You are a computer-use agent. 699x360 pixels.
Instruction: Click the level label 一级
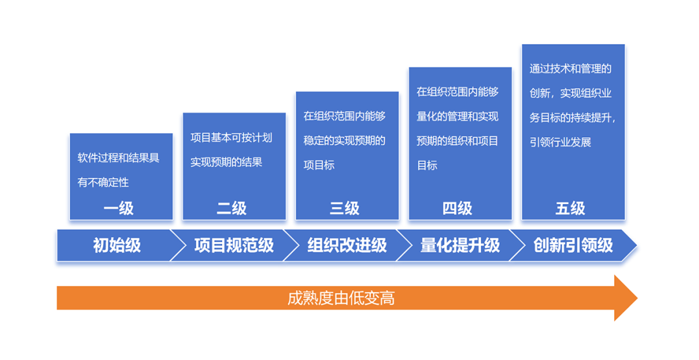(x=118, y=208)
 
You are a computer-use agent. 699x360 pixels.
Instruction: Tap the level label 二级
(x=232, y=208)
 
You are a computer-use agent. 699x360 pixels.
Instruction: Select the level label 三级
(x=344, y=208)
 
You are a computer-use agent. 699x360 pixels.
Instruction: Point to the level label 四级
(x=458, y=208)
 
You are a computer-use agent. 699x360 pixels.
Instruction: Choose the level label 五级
(x=570, y=208)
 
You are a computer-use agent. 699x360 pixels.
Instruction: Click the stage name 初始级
(x=116, y=245)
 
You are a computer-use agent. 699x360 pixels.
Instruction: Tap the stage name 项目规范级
(x=234, y=245)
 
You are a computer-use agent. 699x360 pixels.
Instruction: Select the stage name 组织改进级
(x=348, y=245)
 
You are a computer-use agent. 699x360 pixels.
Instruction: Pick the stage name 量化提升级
(x=460, y=245)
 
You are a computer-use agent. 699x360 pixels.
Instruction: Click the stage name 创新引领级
(x=573, y=245)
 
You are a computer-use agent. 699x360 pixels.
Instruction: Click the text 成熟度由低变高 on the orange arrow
(x=341, y=298)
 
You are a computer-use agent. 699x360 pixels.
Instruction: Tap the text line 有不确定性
(x=103, y=183)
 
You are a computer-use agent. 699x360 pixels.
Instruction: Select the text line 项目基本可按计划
(x=231, y=137)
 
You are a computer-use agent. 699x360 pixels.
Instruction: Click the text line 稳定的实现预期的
(x=344, y=141)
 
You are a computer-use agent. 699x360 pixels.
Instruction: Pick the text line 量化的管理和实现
(x=458, y=117)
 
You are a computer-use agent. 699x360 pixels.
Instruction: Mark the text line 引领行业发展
(x=560, y=142)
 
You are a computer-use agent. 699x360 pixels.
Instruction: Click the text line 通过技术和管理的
(x=571, y=69)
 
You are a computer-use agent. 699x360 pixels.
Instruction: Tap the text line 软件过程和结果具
(x=118, y=158)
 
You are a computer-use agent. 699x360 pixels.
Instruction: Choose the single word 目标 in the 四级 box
(x=427, y=166)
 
